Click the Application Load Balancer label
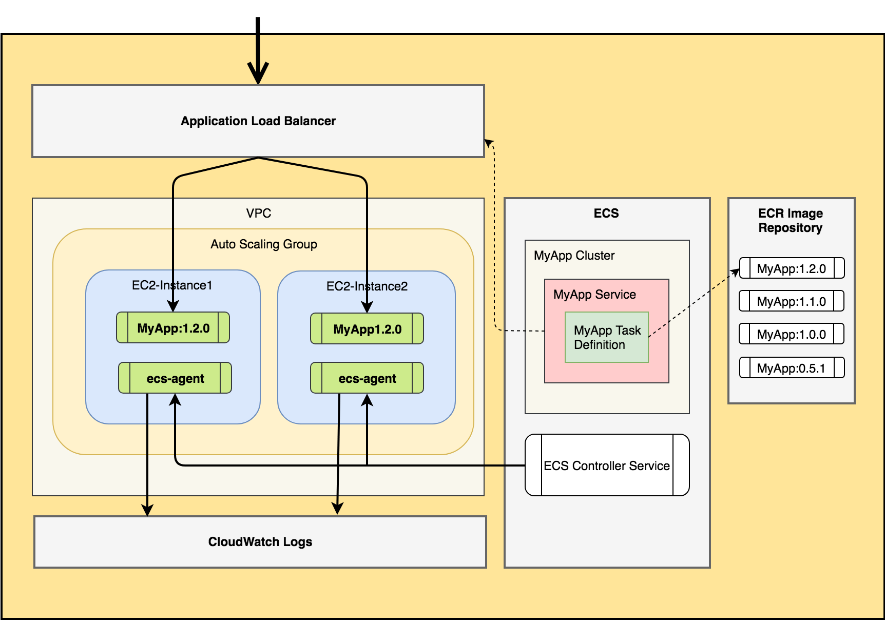258,121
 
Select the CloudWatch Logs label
260,542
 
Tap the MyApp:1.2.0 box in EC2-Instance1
173,328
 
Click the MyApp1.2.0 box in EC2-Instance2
367,329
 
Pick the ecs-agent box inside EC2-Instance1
175,379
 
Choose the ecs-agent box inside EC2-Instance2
367,379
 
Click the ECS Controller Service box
607,465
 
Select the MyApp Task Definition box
607,338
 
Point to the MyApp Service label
594,295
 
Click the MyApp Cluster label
574,256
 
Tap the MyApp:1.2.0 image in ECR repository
792,269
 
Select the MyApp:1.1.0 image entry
792,302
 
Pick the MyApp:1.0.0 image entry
792,335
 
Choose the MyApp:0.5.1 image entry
792,368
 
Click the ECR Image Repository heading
791,221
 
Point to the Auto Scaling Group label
264,244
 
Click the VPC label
258,214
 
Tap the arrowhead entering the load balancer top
258,75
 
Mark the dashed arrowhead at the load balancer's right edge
489,142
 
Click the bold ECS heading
606,214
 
